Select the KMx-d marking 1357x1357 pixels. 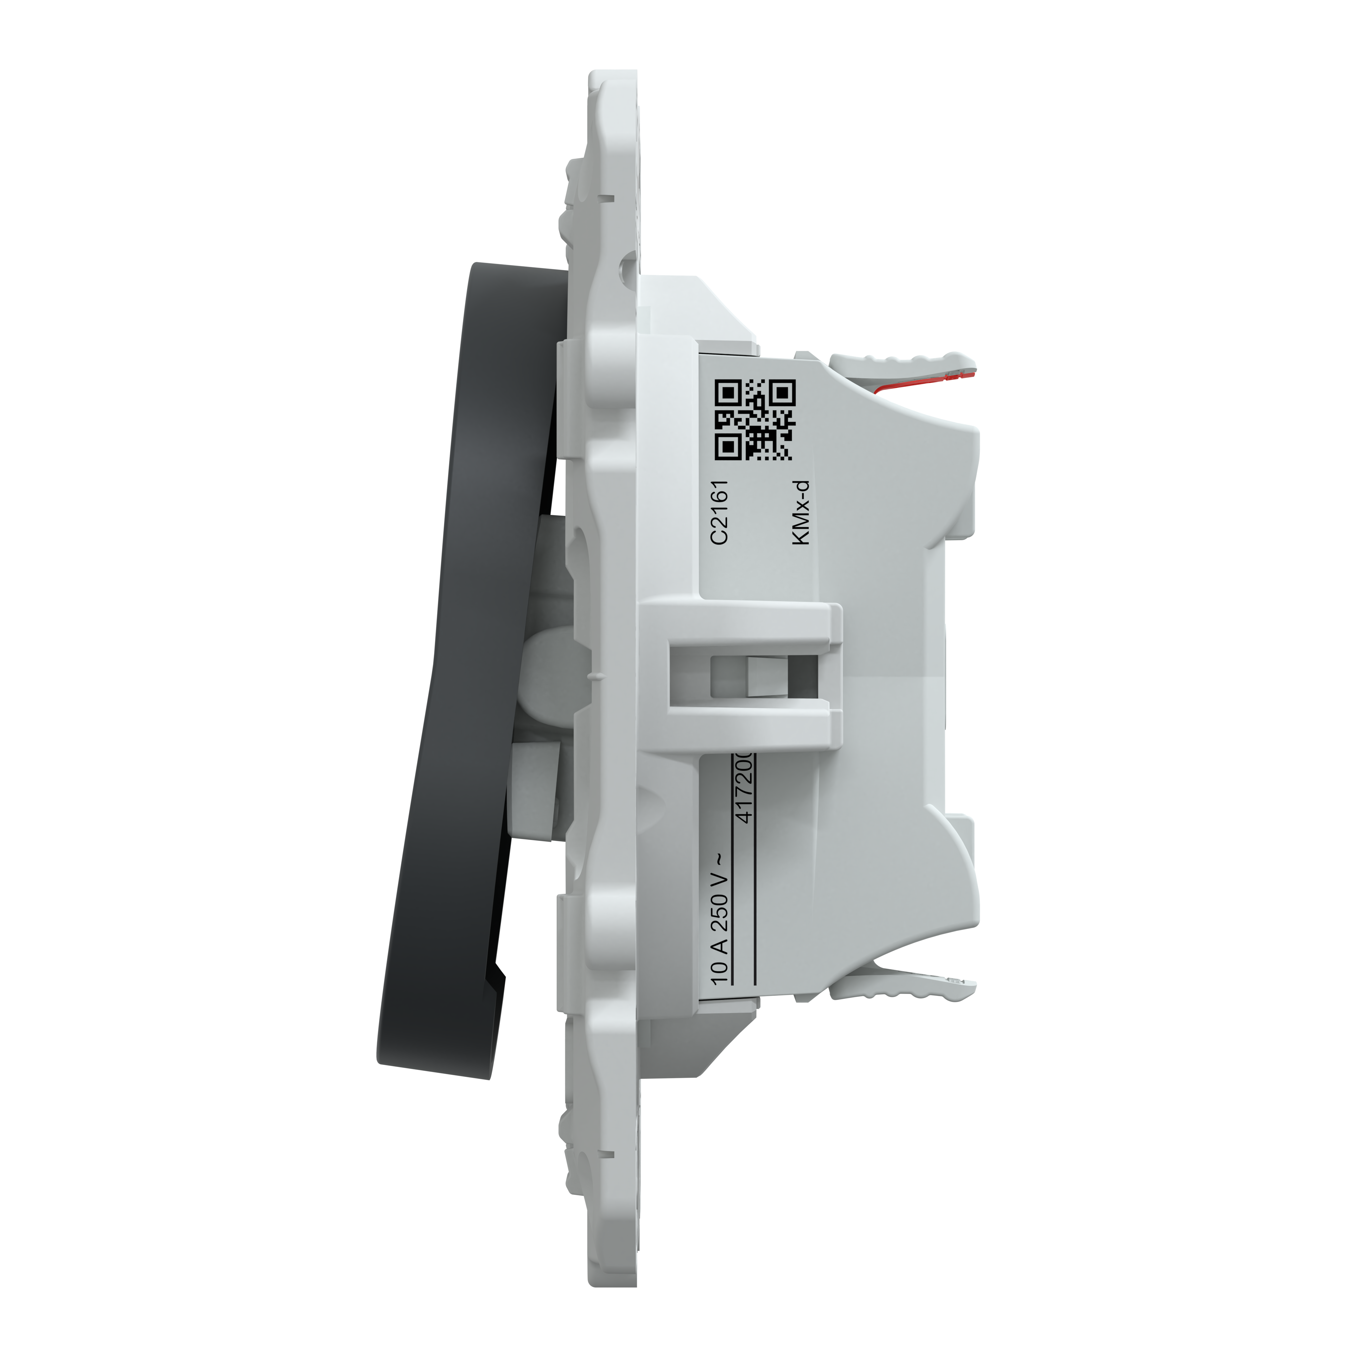pos(801,511)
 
